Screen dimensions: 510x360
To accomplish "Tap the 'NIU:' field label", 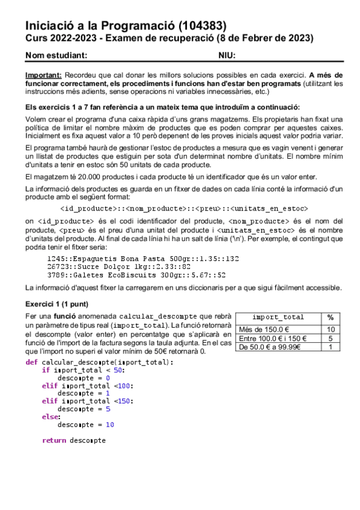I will coord(227,55).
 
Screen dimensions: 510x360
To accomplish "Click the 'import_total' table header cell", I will coord(278,317).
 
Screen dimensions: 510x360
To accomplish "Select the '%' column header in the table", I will coord(331,317).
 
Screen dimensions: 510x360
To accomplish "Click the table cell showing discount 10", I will coord(331,329).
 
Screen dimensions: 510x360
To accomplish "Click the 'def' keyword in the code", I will coord(31,362).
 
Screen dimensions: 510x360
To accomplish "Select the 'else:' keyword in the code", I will coord(51,416).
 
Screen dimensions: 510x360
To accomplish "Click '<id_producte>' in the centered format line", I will coord(90,209).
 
